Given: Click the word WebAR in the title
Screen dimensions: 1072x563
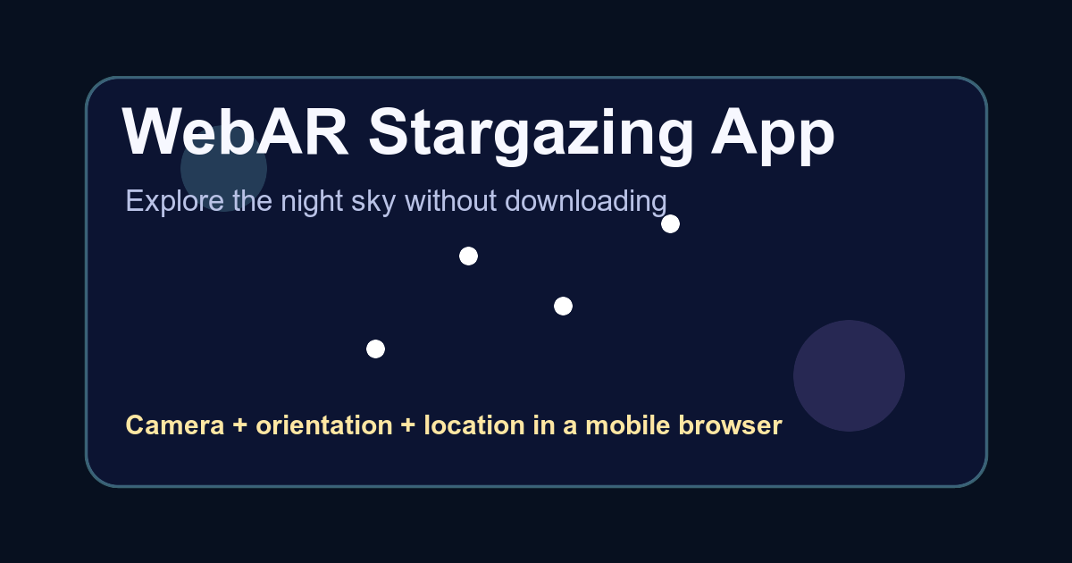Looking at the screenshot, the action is tap(236, 131).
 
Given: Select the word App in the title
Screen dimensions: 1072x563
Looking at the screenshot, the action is tap(773, 137).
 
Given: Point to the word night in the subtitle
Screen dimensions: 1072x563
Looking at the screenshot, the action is tap(312, 202).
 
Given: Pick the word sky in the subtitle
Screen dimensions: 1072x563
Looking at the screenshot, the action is tap(373, 202).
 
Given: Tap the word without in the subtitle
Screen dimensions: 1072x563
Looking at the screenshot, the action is tap(451, 200).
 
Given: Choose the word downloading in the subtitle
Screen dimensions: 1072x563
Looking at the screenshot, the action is tap(586, 202).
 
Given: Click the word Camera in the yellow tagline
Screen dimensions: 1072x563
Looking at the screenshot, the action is tap(175, 425).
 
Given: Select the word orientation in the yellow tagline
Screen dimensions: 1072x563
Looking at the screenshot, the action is tap(324, 425).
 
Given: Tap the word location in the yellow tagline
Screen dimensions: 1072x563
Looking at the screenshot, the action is tap(474, 425).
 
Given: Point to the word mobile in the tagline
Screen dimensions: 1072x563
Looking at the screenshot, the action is tap(627, 425).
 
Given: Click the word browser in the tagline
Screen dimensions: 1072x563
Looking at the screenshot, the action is tap(731, 425).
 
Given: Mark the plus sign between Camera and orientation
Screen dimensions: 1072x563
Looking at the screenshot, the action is tap(240, 425).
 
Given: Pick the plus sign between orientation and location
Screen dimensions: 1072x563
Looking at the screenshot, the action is tap(408, 425).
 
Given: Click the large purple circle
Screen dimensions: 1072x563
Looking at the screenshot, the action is tap(849, 376).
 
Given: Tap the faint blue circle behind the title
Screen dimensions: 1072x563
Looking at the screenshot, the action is tap(223, 169).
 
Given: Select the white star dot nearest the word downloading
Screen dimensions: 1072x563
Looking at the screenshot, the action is tap(670, 224).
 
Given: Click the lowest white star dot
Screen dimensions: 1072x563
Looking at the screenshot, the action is tap(376, 349).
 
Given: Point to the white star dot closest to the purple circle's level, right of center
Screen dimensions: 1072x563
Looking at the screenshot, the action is tap(563, 307).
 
